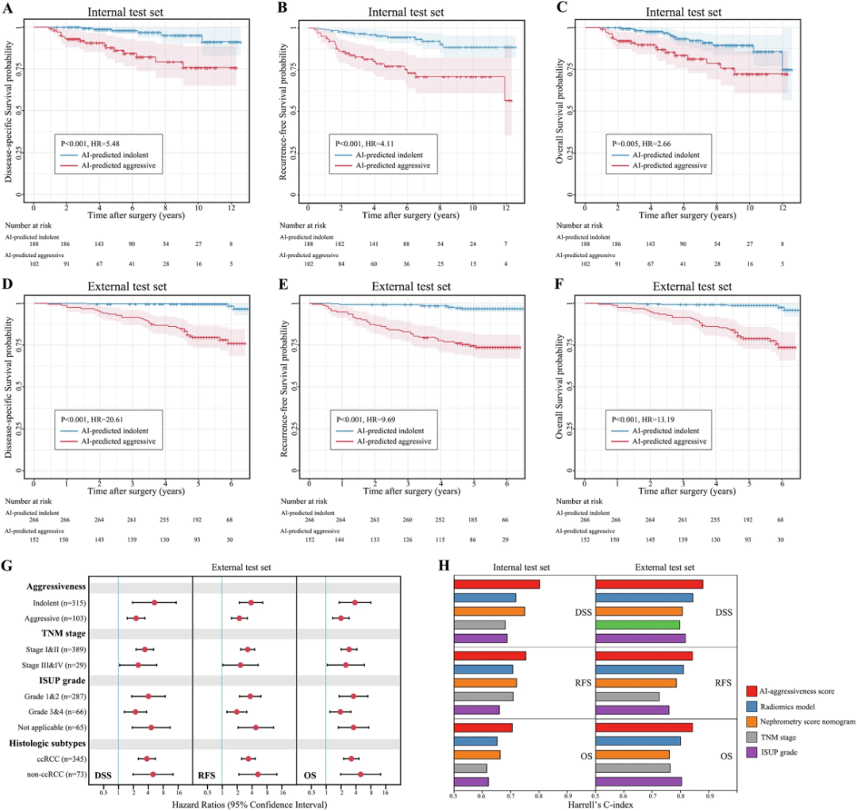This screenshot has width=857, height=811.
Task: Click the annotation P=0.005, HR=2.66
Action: point(648,143)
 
